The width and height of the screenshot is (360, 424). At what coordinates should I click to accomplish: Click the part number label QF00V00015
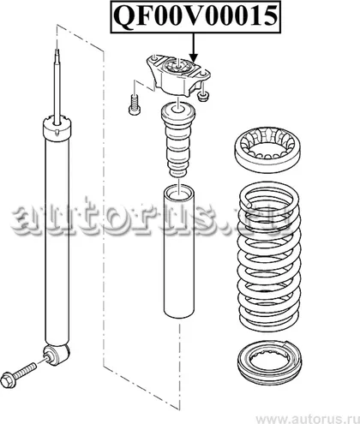[x=195, y=16]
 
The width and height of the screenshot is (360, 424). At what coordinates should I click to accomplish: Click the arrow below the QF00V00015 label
[x=194, y=48]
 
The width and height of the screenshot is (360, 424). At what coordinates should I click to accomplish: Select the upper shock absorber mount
[x=178, y=76]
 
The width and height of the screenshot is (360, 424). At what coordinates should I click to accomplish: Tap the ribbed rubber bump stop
[x=178, y=140]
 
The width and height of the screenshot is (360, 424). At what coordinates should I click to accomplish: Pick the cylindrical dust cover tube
[x=179, y=252]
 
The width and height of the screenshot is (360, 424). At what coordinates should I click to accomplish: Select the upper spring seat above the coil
[x=267, y=149]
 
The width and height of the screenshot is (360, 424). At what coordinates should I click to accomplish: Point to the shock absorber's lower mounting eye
[x=57, y=355]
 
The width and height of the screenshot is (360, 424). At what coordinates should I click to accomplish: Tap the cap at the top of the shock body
[x=57, y=128]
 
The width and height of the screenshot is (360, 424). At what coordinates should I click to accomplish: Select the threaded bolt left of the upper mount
[x=134, y=105]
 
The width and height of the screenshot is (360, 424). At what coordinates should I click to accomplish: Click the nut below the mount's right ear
[x=203, y=97]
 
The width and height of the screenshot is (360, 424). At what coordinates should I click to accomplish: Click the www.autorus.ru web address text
[x=307, y=418]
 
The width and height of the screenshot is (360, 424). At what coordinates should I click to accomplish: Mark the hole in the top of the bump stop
[x=178, y=108]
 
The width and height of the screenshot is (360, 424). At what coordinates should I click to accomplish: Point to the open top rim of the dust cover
[x=179, y=191]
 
